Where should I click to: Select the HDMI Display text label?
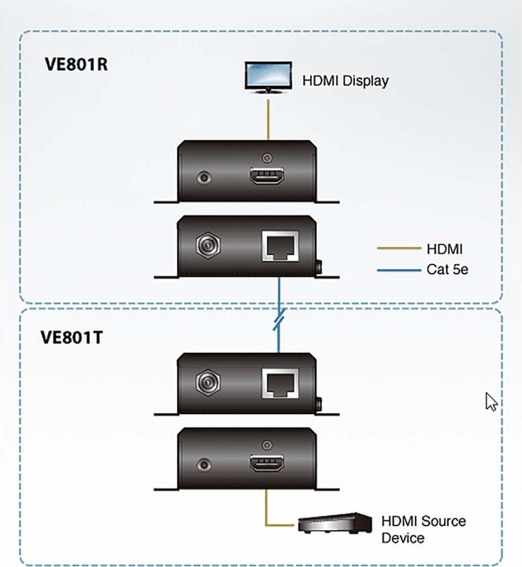tap(346, 80)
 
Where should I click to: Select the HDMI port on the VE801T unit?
tap(268, 465)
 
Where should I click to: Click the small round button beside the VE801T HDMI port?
tap(207, 466)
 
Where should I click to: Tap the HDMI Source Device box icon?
tap(335, 522)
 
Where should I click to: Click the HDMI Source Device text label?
tap(423, 529)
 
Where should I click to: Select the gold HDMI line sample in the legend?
tap(399, 250)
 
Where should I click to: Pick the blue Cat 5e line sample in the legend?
tap(399, 270)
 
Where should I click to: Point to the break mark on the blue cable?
tap(278, 322)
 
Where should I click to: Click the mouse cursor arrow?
tap(491, 402)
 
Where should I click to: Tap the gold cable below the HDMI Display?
tap(268, 118)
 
